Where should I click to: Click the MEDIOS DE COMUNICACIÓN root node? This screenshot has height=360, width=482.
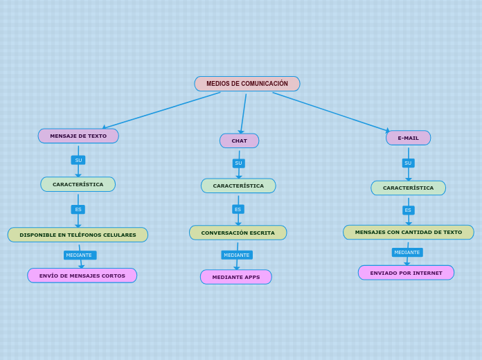tap(247, 84)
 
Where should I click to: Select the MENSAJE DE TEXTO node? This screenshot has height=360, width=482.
tap(78, 136)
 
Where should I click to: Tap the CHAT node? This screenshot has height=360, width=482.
tap(239, 141)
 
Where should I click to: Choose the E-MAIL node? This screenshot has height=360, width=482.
tap(408, 138)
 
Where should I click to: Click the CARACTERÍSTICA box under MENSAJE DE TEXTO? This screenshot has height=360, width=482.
tap(78, 184)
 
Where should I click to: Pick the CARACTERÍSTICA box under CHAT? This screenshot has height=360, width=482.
tap(238, 186)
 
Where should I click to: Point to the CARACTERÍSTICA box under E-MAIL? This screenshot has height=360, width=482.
tap(408, 188)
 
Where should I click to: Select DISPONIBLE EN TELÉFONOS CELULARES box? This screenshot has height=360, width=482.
tap(78, 235)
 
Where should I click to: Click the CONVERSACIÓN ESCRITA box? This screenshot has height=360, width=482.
tap(238, 233)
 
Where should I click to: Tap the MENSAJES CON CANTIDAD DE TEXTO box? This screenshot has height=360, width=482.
tap(408, 232)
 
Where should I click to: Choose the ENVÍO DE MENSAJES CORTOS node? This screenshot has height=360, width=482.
tap(82, 276)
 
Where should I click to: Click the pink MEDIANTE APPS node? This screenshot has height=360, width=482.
tap(236, 277)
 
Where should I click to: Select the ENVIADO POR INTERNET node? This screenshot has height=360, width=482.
tap(406, 273)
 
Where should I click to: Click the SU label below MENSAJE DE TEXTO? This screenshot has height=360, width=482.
tap(78, 160)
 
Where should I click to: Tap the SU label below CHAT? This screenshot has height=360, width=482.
tap(238, 163)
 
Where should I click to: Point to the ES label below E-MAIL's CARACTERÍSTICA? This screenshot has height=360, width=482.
tap(408, 210)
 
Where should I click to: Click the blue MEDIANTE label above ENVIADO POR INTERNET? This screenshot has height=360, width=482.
tap(407, 252)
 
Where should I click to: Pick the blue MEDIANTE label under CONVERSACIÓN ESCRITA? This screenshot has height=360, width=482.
tap(237, 255)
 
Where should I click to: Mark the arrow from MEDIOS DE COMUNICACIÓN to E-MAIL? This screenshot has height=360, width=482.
tap(331, 111)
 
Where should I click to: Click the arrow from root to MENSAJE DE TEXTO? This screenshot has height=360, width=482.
tap(162, 110)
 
